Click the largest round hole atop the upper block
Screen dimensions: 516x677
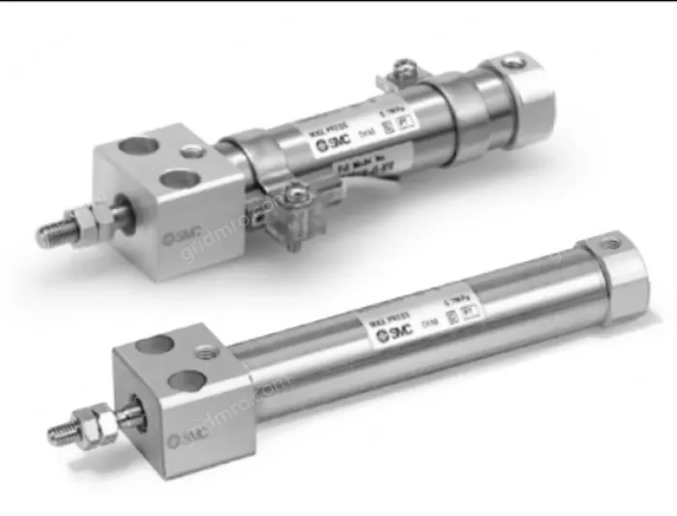(x=178, y=178)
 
